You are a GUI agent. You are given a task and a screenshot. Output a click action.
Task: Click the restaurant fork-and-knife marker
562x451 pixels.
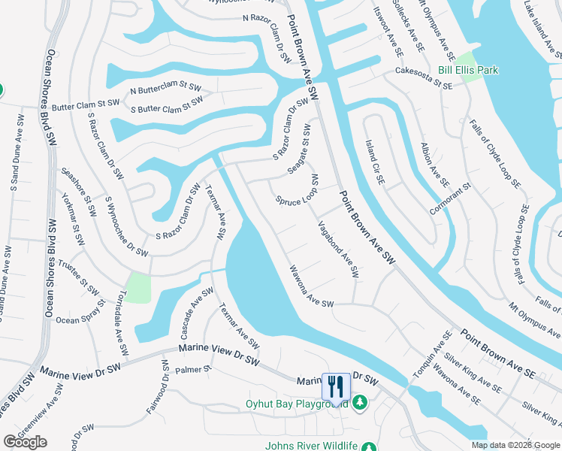pos(334,386)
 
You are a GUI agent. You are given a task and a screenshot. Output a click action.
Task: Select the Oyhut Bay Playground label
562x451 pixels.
pos(297,404)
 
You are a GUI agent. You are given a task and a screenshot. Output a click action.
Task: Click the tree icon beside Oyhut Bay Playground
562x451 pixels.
pos(360,404)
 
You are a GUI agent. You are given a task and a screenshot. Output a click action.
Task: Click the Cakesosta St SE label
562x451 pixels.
pos(425,80)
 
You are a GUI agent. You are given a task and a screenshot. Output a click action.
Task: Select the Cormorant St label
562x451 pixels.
pos(450,197)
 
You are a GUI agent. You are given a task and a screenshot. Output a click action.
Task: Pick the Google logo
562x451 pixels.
pos(25,441)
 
